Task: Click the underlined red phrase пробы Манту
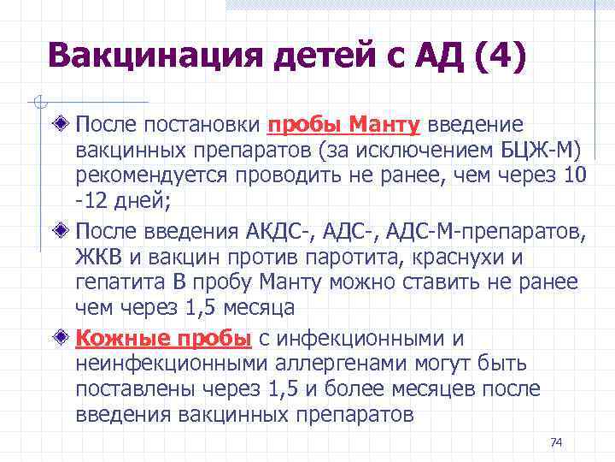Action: coord(343,126)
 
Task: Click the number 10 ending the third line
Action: coord(576,175)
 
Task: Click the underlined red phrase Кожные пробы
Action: coord(162,338)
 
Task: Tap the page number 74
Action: coord(556,442)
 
